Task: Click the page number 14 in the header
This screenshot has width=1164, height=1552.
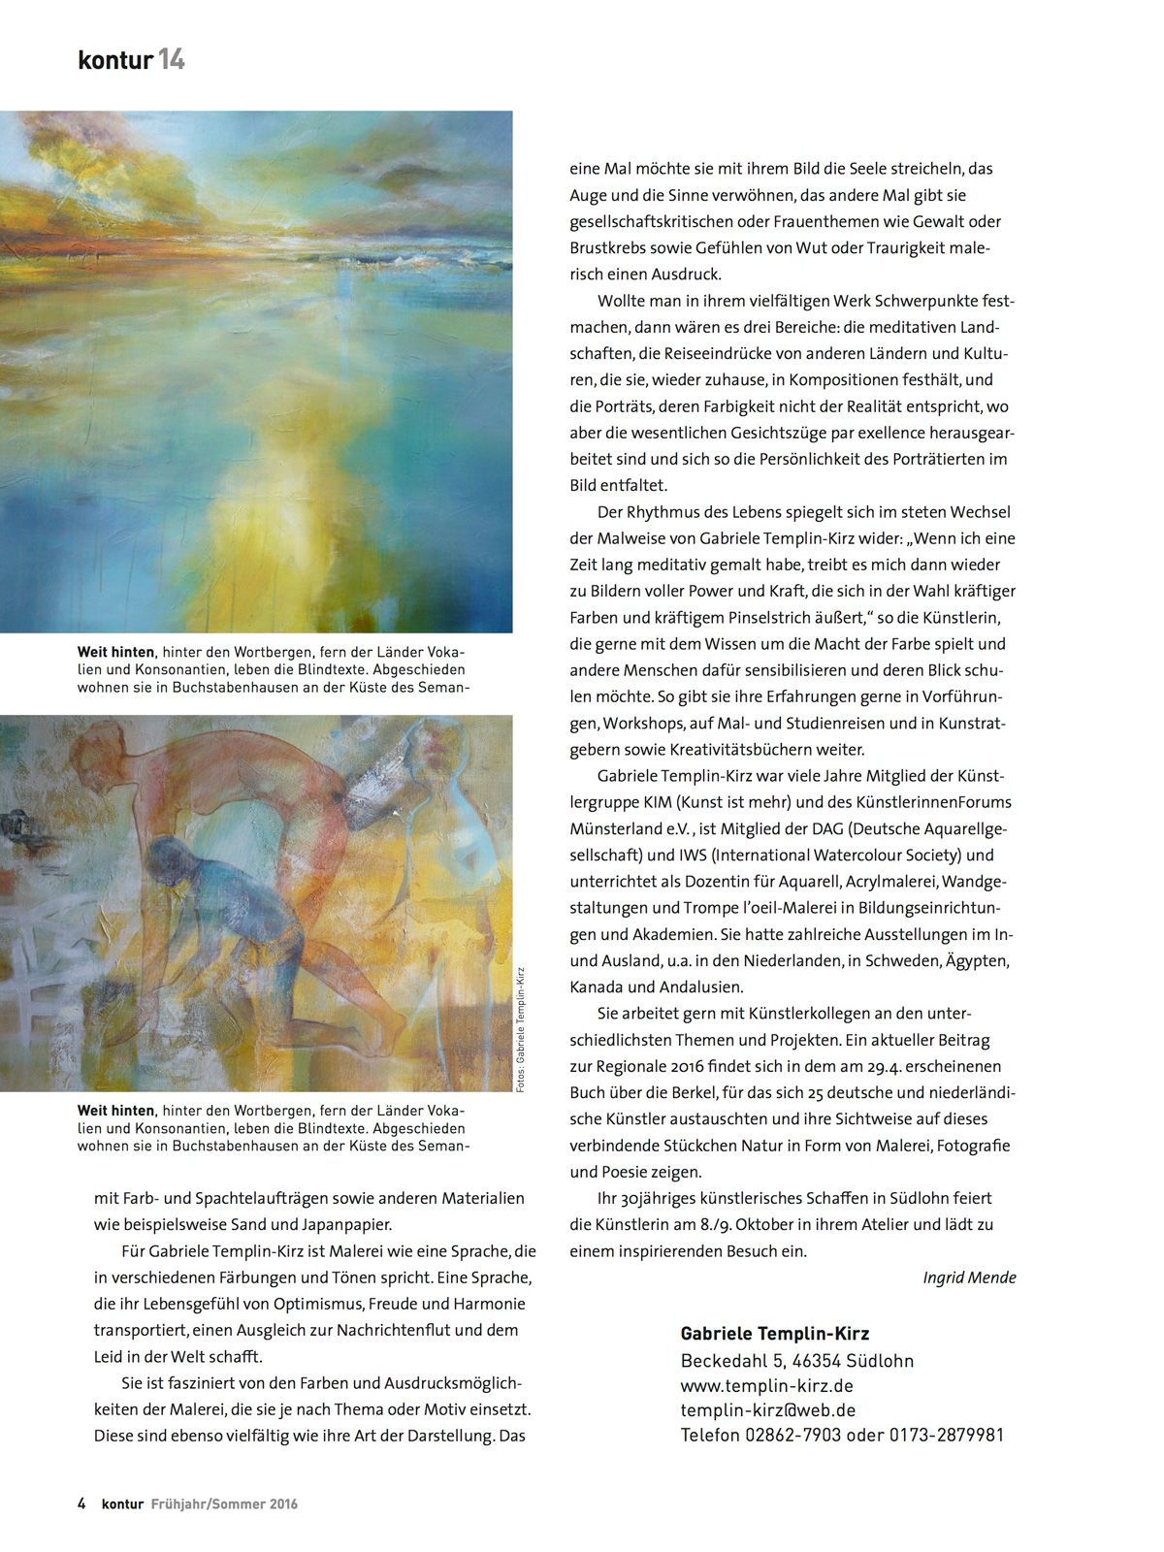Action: [x=172, y=60]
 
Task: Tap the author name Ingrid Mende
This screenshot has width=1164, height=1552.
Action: [x=969, y=1277]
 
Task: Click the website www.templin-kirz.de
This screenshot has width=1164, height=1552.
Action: [x=766, y=1385]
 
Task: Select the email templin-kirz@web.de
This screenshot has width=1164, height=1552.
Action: [x=767, y=1410]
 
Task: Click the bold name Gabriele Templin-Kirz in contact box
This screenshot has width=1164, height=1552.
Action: [x=774, y=1335]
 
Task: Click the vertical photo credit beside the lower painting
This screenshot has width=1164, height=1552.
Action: [x=521, y=1029]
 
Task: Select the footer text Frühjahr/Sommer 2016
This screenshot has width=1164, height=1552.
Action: [x=224, y=1504]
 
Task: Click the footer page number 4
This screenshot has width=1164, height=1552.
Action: [x=82, y=1504]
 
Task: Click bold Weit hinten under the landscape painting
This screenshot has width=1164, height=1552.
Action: [x=115, y=653]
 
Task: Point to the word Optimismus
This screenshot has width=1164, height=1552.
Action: [x=330, y=1304]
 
